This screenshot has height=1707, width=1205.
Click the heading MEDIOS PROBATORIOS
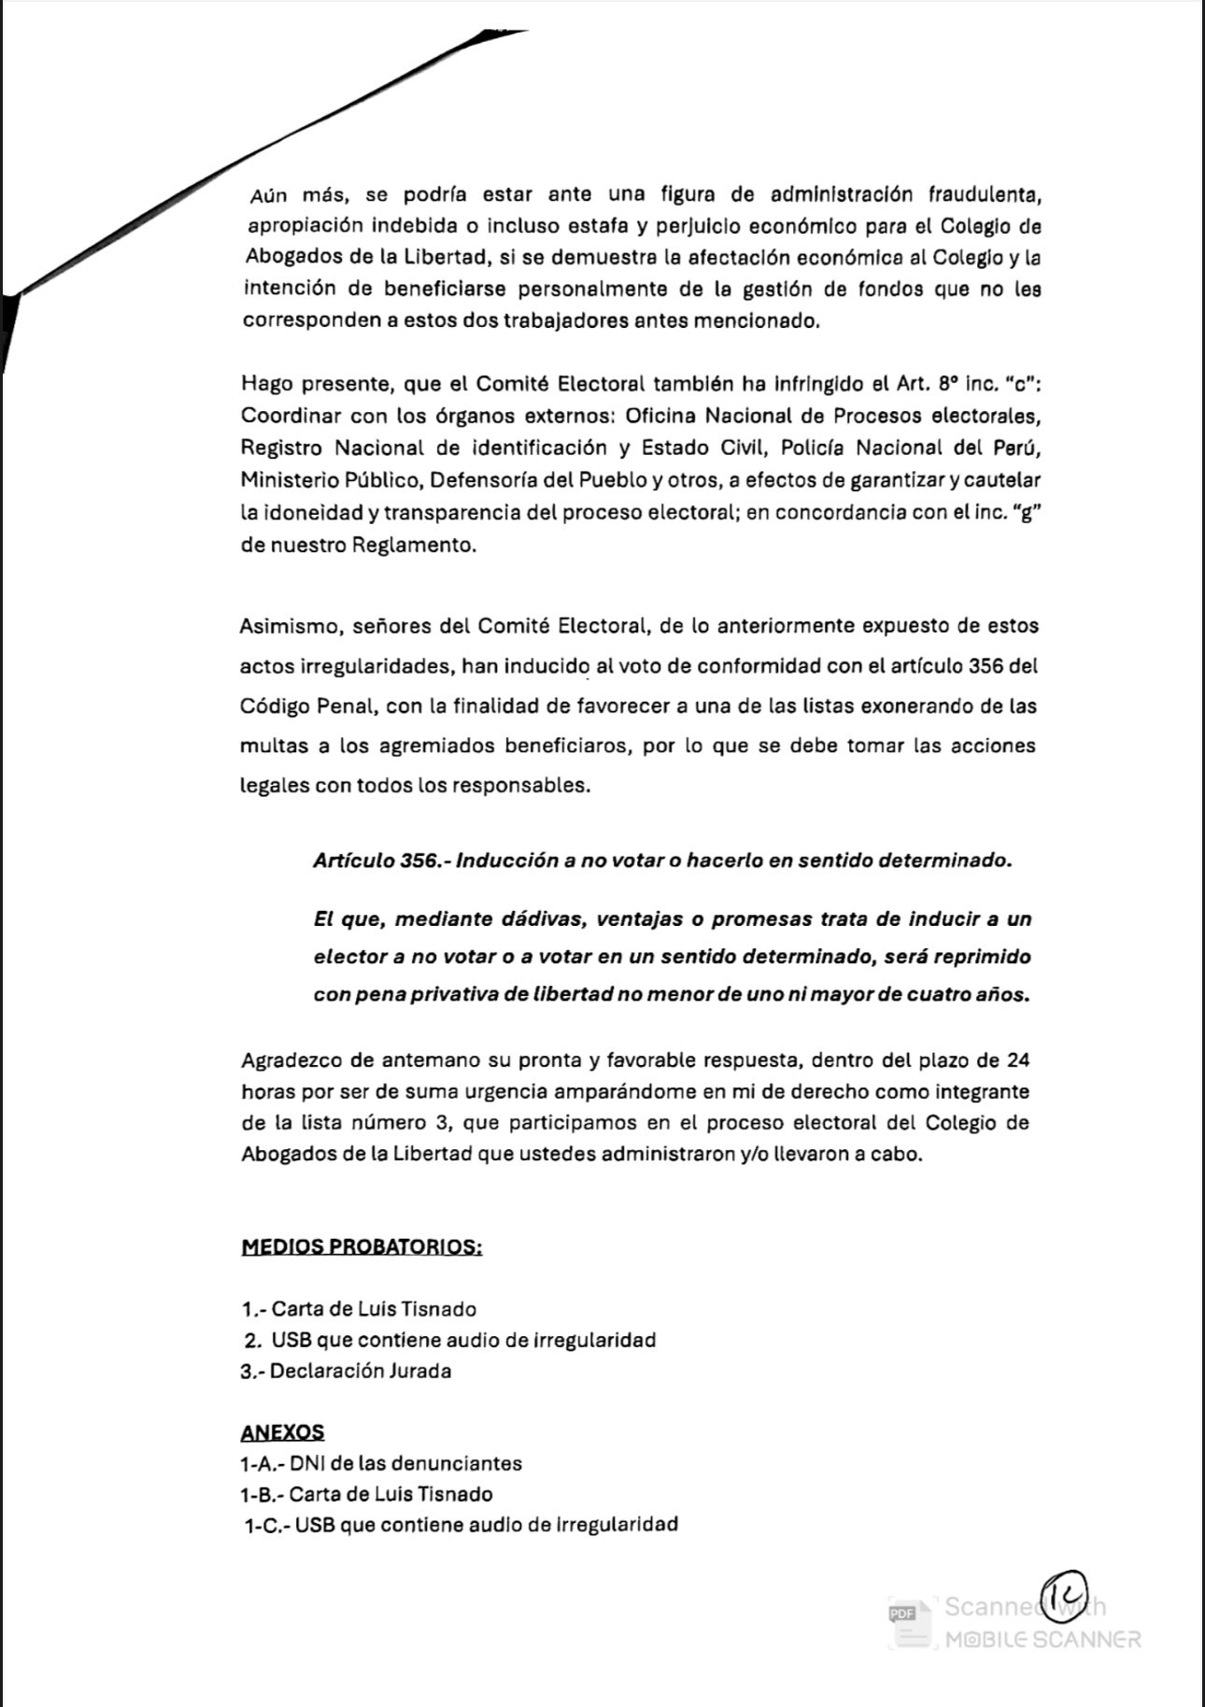(x=361, y=1246)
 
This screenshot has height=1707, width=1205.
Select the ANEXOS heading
(x=282, y=1431)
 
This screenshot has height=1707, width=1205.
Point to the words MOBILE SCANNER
(x=1042, y=1639)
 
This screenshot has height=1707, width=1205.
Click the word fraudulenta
(x=985, y=194)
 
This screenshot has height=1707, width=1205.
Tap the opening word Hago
(x=268, y=383)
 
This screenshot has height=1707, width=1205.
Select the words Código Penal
(x=308, y=705)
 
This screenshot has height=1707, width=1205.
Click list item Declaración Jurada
(x=360, y=1371)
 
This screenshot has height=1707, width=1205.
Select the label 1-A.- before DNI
(x=261, y=1463)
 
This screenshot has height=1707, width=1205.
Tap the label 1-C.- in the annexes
(x=266, y=1525)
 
